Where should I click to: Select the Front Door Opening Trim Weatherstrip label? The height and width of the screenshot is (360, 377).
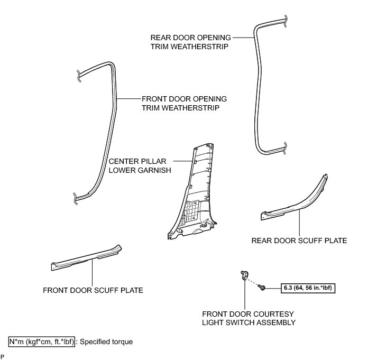[x=184, y=103]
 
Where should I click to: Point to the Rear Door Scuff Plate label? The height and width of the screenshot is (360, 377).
[x=299, y=241]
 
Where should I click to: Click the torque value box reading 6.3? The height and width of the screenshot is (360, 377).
[x=308, y=289]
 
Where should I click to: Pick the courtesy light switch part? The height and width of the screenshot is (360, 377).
[x=244, y=273]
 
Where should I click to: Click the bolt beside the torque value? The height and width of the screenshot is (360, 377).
[x=262, y=287]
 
